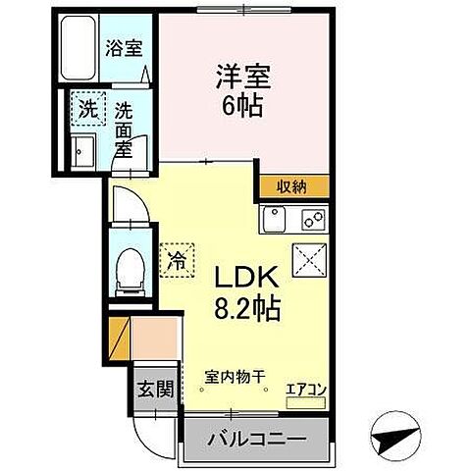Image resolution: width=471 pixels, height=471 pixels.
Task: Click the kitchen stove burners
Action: click(311, 217)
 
